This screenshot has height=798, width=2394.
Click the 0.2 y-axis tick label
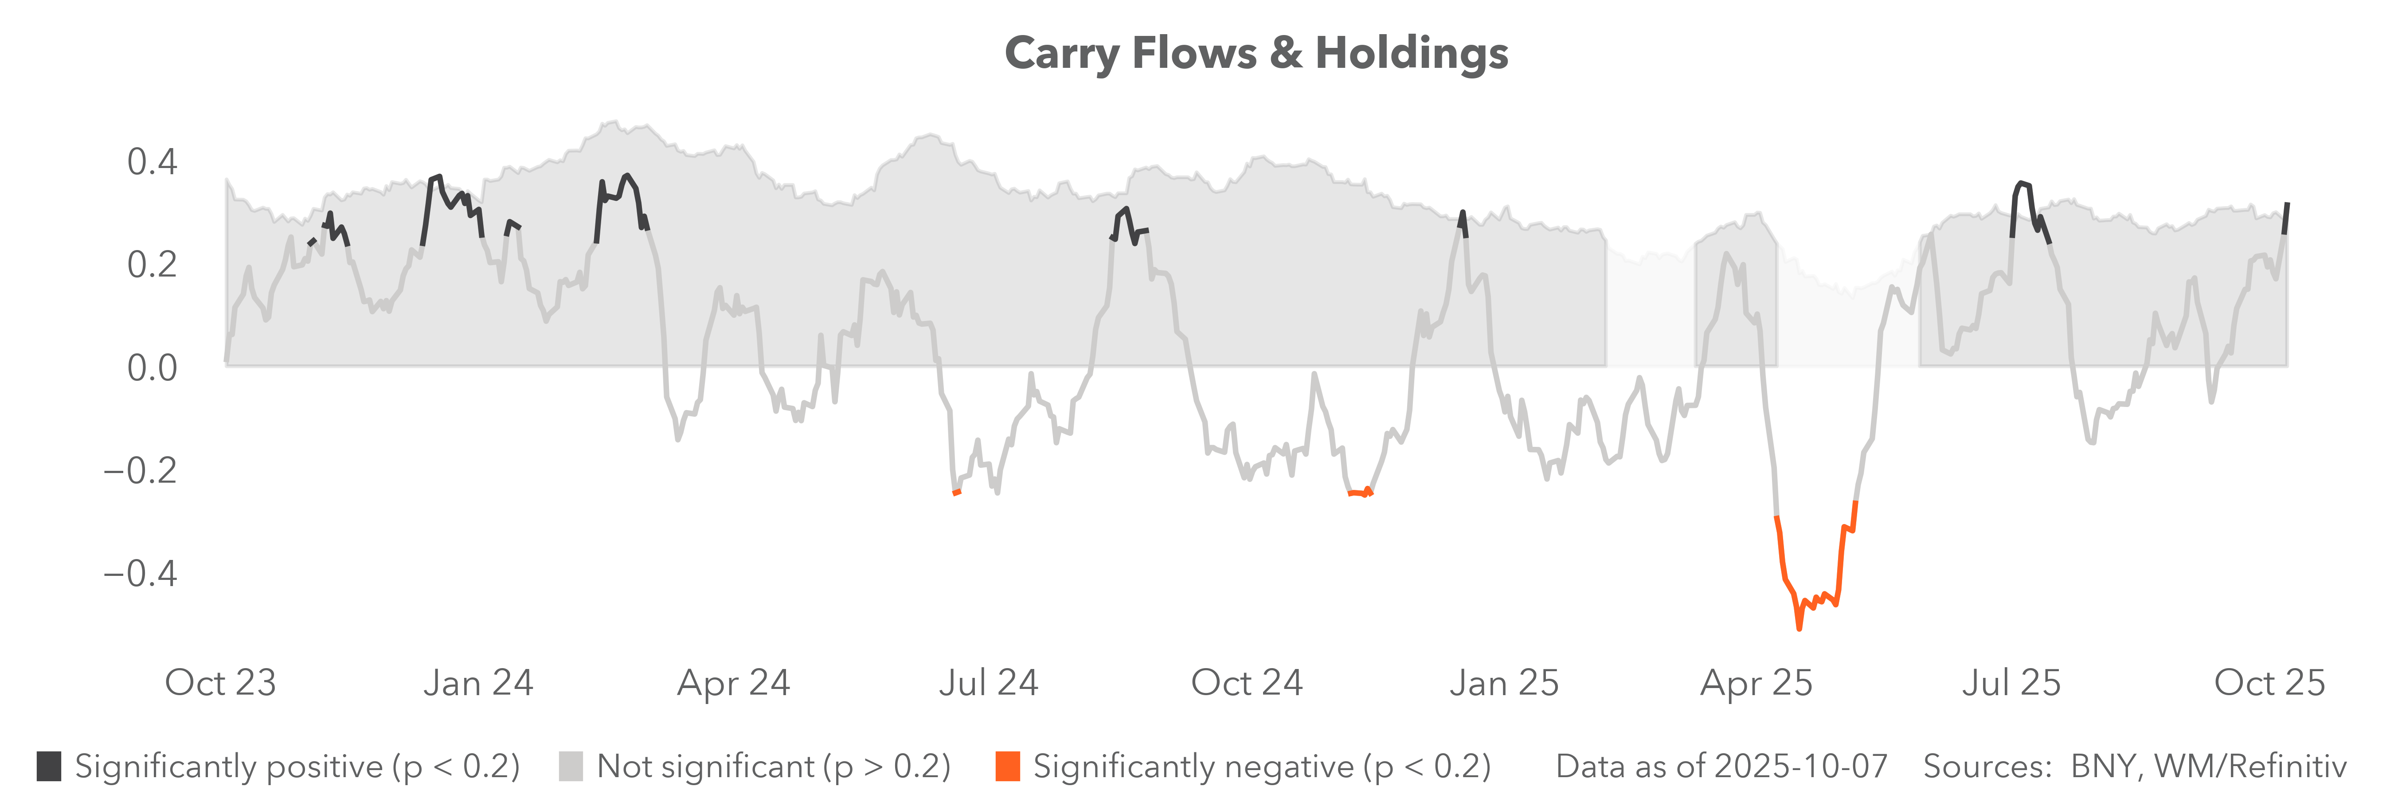[x=152, y=265]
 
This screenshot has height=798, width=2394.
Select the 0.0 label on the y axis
[x=152, y=368]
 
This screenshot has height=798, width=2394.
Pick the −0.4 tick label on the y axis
[x=139, y=573]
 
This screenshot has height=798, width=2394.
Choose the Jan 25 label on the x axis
[x=1504, y=683]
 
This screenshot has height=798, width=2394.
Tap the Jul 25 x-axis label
[x=2011, y=683]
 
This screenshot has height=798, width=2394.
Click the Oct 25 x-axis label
[x=2269, y=683]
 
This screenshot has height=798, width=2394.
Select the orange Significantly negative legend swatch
[x=1007, y=767]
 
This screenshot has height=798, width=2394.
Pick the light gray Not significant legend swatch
[x=571, y=767]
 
